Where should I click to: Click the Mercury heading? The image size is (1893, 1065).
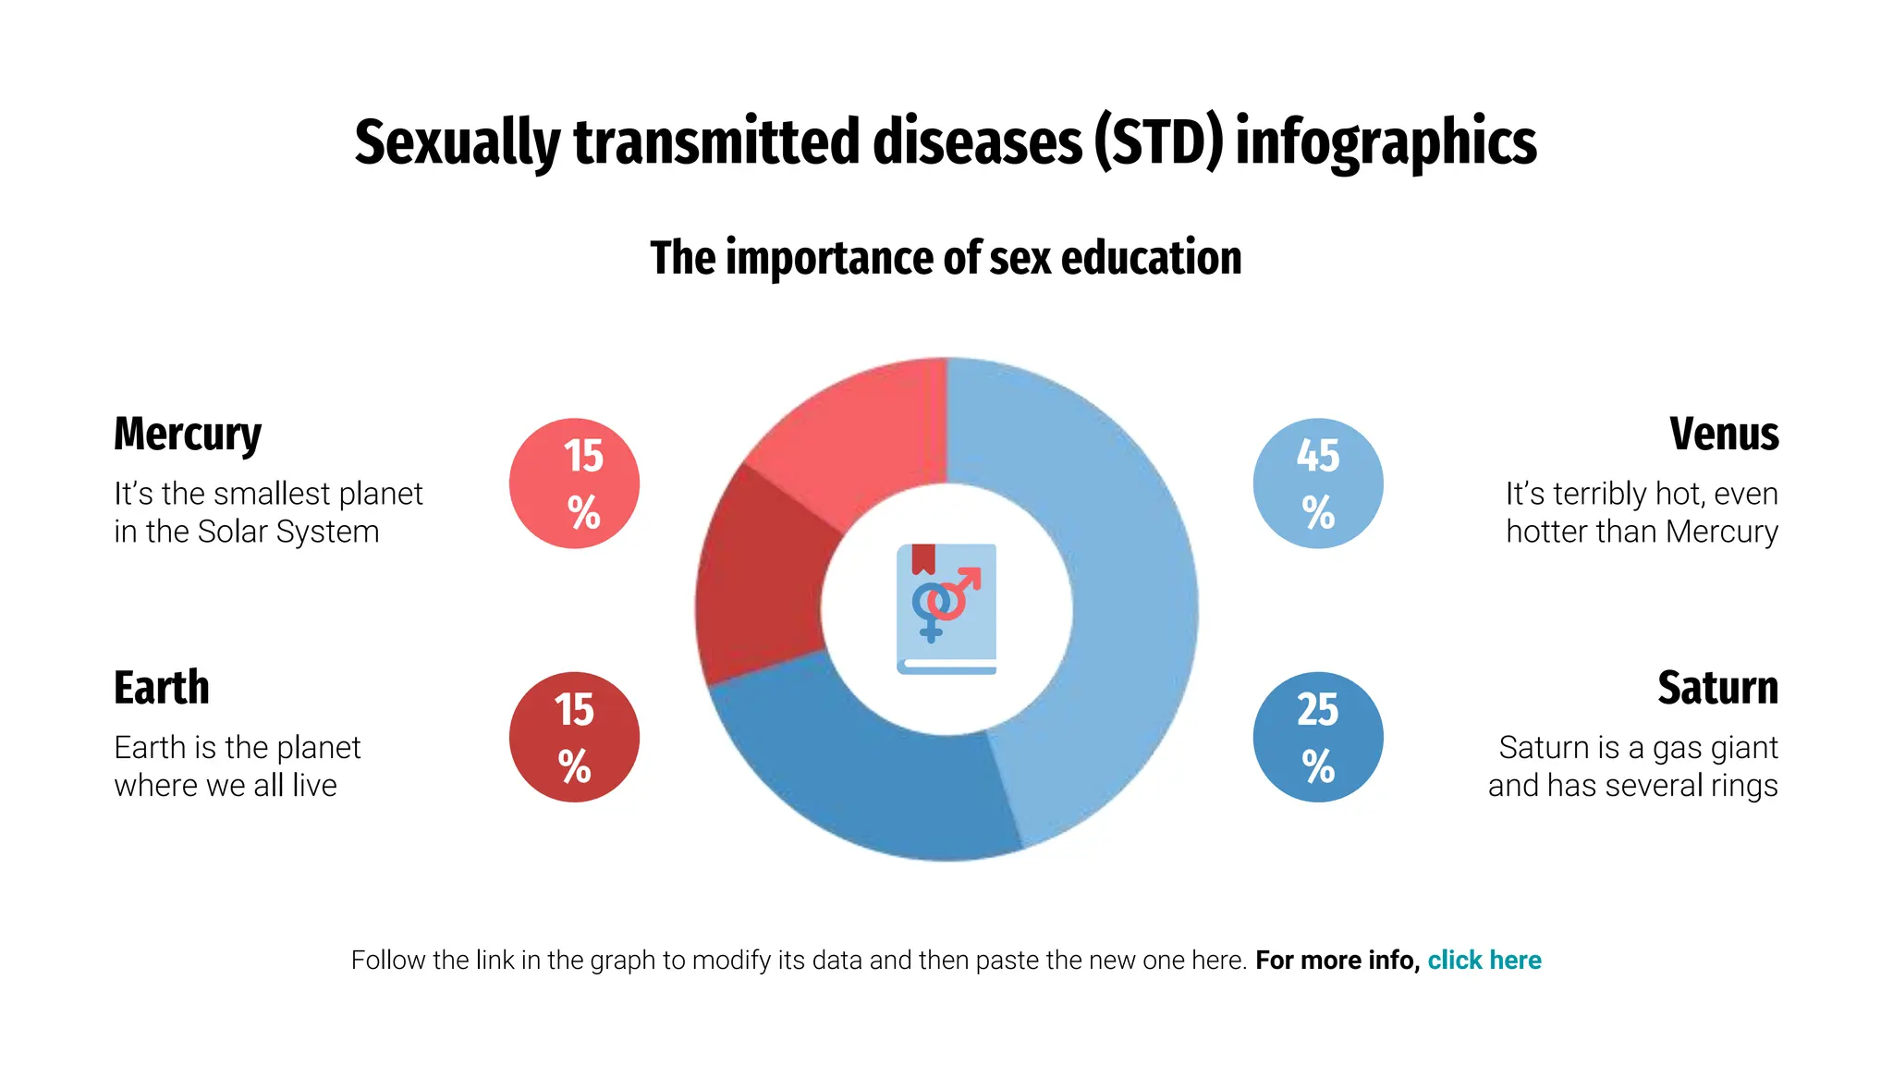tap(188, 435)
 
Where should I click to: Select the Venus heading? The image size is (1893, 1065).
tap(1724, 435)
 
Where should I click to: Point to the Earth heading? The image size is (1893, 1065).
tap(162, 688)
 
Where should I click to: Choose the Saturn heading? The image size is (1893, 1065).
tap(1717, 688)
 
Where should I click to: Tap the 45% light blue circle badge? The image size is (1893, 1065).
tap(1318, 484)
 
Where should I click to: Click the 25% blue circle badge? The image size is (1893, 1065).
tap(1318, 737)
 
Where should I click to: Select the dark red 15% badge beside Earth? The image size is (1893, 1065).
tap(574, 737)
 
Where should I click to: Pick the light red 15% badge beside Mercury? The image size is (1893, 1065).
tap(574, 484)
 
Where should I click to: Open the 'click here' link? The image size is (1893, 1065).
tap(1484, 961)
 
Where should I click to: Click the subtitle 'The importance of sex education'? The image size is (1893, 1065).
tap(946, 258)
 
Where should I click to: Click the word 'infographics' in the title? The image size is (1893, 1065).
tap(1386, 143)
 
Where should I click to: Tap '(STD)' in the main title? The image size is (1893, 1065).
tap(1159, 143)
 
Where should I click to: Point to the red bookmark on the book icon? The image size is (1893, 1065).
tap(923, 558)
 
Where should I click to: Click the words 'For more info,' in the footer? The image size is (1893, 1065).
tap(1337, 961)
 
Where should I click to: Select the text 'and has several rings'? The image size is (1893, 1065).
tap(1633, 786)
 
